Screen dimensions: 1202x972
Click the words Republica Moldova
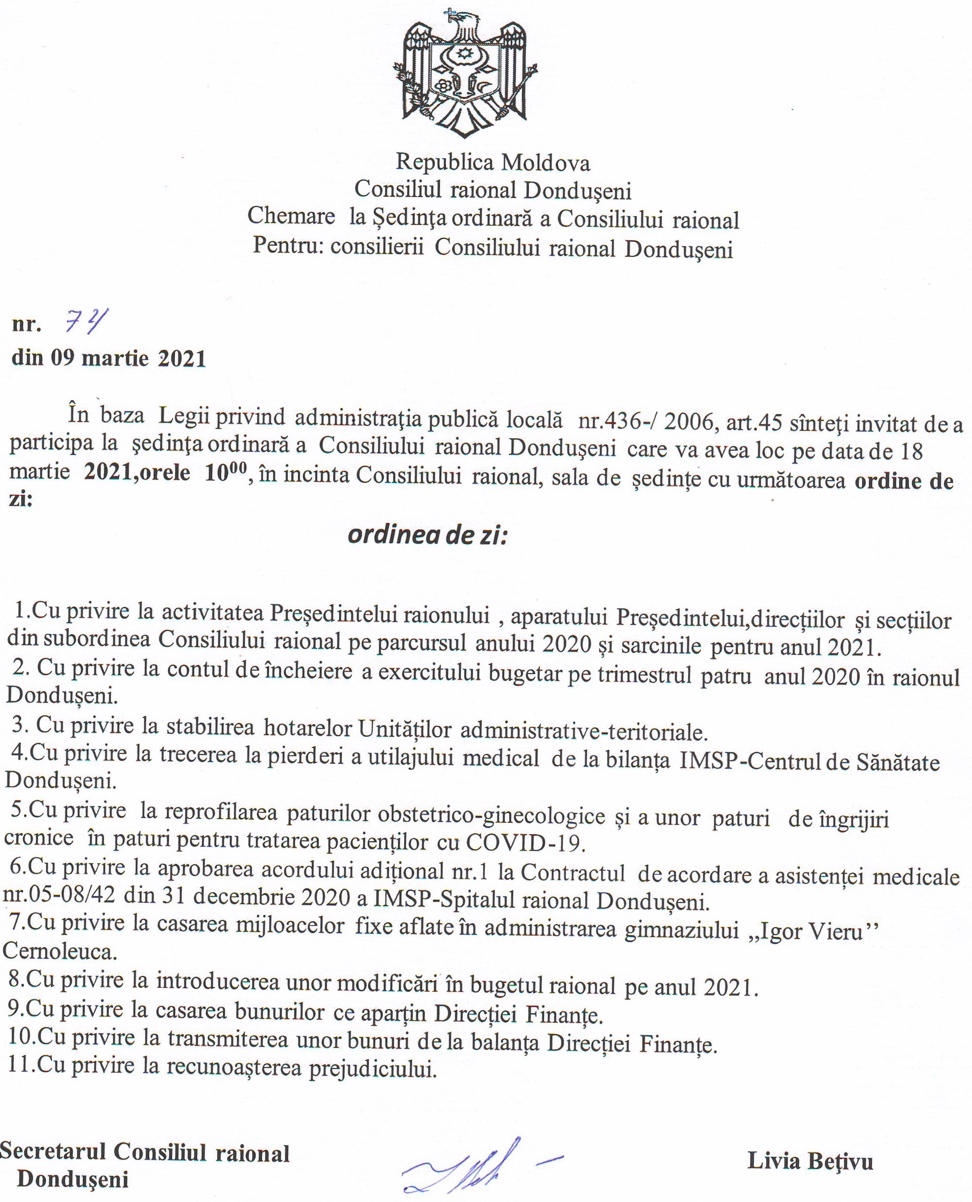[493, 162]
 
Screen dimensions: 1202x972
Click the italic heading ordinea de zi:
[428, 535]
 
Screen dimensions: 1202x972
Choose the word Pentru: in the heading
[287, 246]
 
